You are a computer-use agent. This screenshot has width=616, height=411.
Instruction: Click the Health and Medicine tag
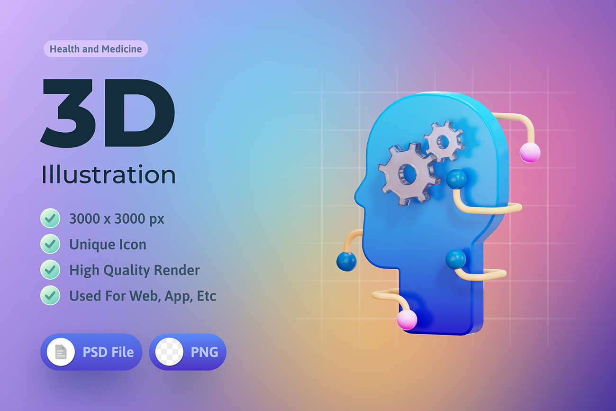95,49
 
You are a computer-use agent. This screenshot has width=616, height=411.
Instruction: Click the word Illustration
109,174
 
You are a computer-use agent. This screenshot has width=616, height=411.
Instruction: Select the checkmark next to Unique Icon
50,244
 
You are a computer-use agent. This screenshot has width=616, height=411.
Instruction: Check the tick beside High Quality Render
50,270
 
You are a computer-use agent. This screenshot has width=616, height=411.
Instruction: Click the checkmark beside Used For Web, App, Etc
50,295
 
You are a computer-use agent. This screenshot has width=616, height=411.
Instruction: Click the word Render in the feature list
181,270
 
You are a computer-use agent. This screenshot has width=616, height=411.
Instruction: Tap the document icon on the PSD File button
61,352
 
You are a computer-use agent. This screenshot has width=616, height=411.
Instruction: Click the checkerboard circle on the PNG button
170,352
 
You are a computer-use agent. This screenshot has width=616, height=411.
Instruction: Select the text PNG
205,352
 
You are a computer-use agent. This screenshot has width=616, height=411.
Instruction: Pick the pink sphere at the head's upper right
530,153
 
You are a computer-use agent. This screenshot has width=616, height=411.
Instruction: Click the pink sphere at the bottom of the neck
407,320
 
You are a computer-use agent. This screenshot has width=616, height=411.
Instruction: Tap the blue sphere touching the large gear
456,179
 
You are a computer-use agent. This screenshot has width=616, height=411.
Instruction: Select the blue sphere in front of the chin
346,261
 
